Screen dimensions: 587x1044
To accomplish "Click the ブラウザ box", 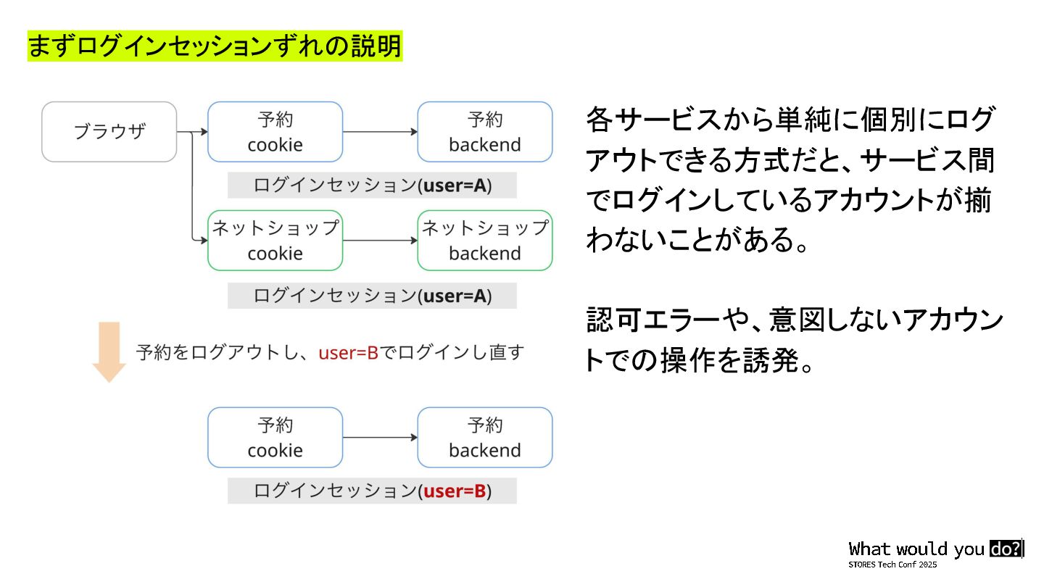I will pos(109,132).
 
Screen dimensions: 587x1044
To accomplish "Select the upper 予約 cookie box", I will pos(275,132).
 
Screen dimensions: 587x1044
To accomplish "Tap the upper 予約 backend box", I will pos(484,132).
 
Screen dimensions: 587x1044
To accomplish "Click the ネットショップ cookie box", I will pos(275,241).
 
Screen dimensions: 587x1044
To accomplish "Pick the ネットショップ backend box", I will pos(484,241).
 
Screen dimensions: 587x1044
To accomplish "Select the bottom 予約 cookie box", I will pos(275,438).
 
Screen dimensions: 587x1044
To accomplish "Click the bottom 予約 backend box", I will pos(484,438).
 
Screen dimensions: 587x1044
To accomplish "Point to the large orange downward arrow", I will pos(109,352).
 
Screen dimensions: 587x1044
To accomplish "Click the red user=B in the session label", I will pos(455,491).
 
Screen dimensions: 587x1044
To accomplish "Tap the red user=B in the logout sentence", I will pos(349,354).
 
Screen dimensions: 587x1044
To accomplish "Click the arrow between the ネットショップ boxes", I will pos(380,241).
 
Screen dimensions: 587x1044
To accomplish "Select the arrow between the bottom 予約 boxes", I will pos(380,438).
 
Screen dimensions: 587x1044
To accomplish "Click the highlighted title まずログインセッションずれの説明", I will pos(215,46).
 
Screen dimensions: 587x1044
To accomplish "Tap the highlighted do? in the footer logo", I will pos(1006,549).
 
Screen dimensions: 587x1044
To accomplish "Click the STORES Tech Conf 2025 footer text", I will pos(892,565).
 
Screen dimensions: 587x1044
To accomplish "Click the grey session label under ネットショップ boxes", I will pos(372,296).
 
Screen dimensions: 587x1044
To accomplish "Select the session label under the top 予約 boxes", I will pos(372,186).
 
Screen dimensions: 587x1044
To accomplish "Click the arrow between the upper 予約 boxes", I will pos(380,132).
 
